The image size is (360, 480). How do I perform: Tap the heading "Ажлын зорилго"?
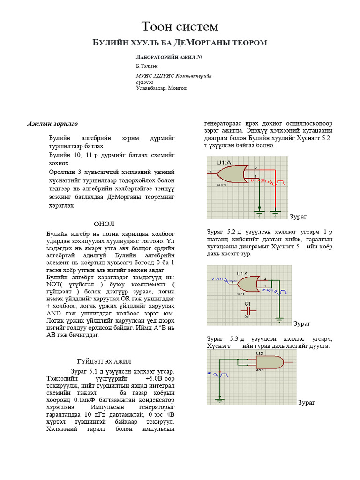point(52,124)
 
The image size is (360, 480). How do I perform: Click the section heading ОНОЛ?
point(104,224)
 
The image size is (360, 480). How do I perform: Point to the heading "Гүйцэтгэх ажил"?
point(104,361)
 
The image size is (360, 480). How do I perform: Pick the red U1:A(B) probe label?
point(258,180)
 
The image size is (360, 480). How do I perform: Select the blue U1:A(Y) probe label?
point(218,279)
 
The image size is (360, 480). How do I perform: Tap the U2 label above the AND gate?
point(259,354)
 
